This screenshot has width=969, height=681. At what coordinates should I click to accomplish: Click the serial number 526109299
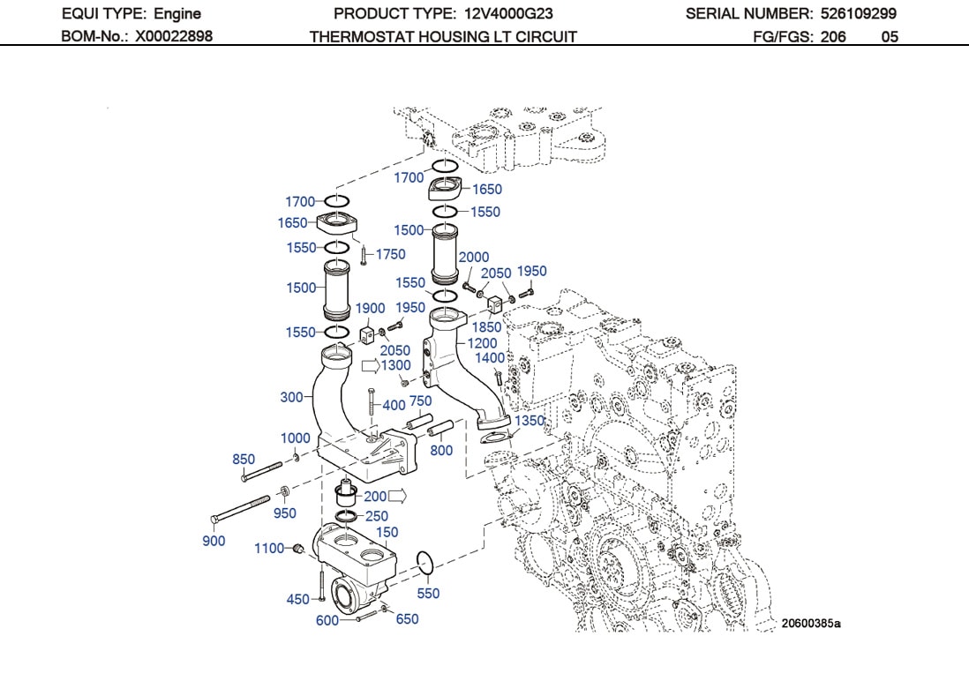click(857, 14)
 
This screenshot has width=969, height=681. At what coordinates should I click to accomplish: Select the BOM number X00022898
click(174, 36)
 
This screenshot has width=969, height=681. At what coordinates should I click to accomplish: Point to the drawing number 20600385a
click(810, 624)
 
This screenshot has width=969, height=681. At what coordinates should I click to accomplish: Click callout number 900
click(214, 541)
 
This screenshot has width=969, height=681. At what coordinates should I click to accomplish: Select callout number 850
click(244, 459)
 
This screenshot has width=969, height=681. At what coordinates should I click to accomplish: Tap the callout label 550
click(428, 594)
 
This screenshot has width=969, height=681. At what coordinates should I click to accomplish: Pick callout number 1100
click(269, 548)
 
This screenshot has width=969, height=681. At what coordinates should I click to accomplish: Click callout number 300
click(291, 397)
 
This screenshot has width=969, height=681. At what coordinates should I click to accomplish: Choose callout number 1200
click(483, 343)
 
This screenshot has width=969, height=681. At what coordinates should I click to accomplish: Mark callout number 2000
click(474, 258)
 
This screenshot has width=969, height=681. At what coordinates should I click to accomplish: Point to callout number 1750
click(390, 254)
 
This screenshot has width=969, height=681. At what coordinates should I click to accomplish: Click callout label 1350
click(530, 421)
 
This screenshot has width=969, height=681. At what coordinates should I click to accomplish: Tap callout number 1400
click(490, 357)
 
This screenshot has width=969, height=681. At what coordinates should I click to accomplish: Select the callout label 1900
click(371, 308)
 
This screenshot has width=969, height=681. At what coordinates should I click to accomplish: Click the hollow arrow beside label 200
click(396, 497)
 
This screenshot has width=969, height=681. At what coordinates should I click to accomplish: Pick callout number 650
click(407, 618)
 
